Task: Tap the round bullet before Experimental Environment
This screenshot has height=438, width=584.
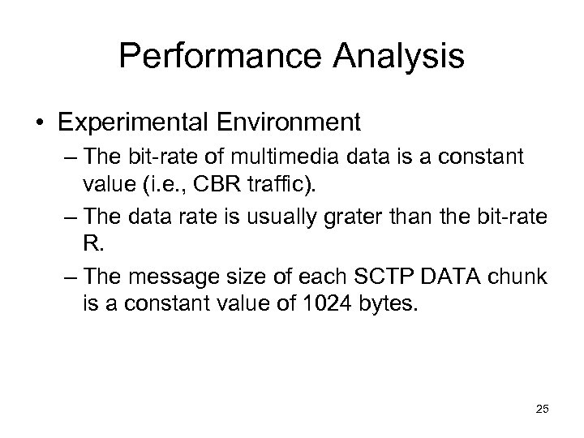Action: tap(39, 122)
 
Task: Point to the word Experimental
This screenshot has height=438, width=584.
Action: tap(133, 122)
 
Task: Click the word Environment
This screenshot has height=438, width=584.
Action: tap(290, 122)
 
